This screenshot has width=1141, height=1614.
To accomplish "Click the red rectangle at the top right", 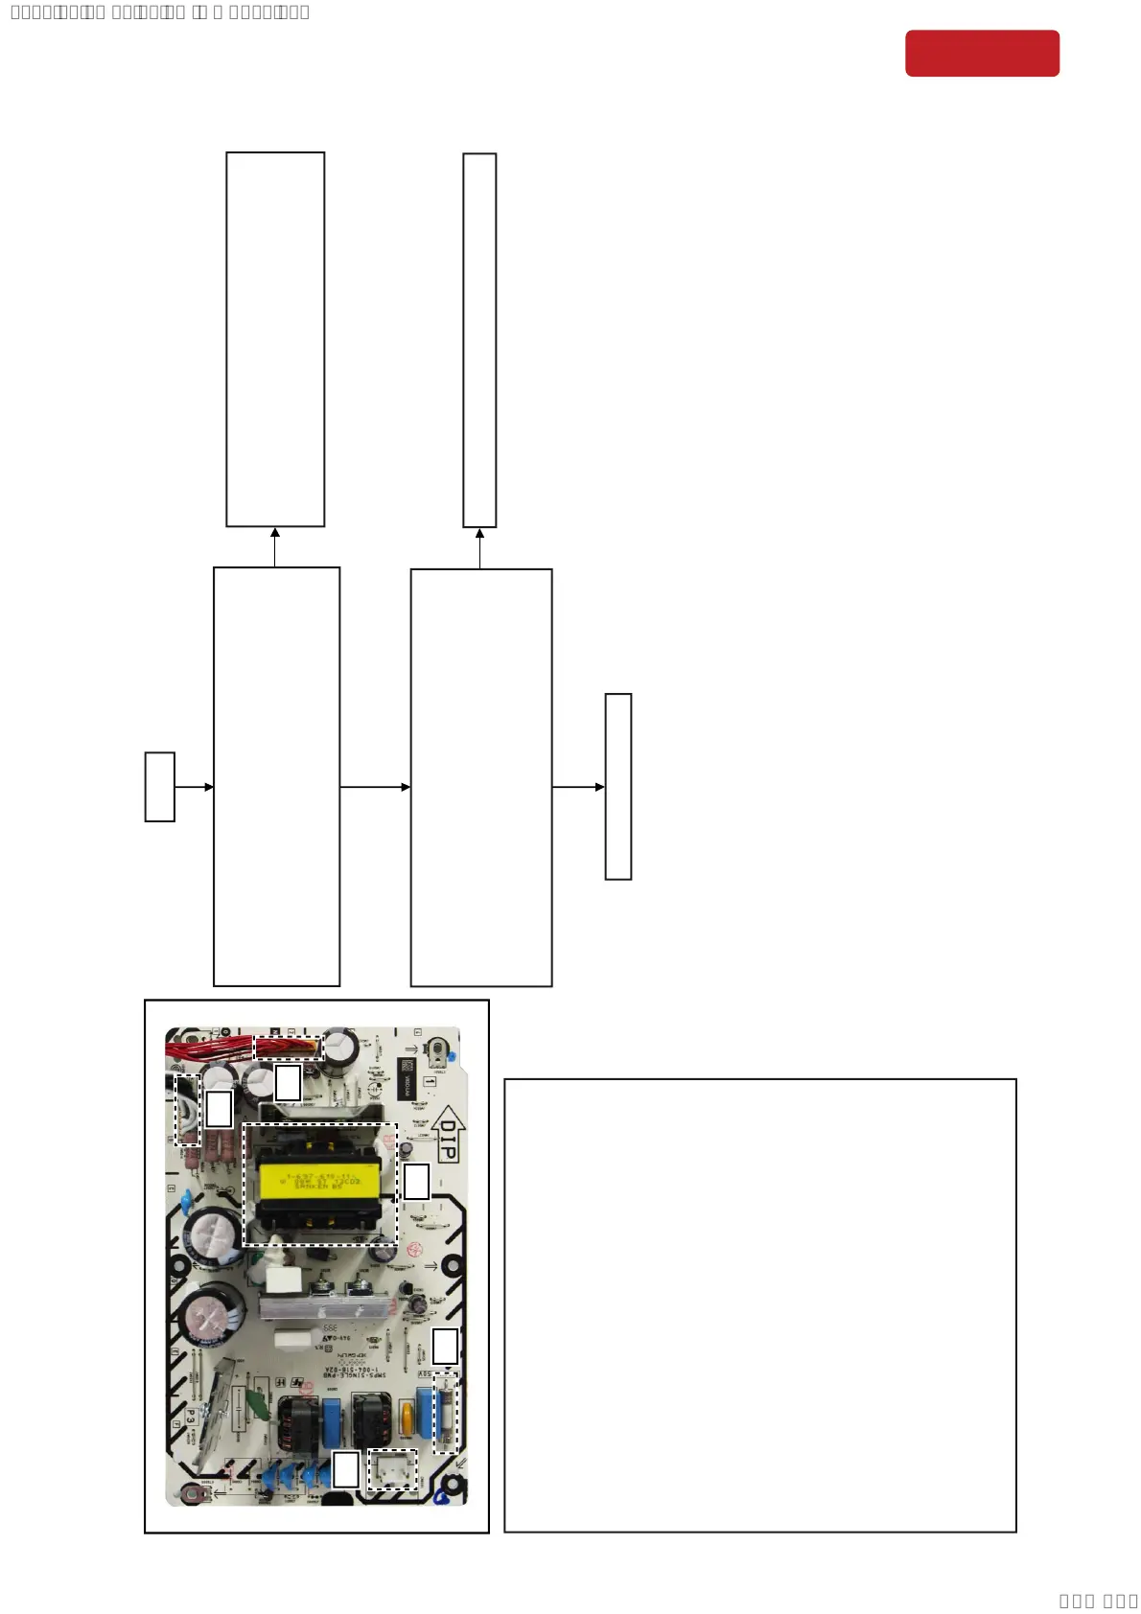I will [982, 53].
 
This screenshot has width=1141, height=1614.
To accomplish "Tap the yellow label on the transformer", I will [319, 1182].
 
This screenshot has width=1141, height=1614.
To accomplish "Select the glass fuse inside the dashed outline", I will [446, 1413].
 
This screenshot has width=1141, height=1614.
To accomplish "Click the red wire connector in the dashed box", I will [288, 1047].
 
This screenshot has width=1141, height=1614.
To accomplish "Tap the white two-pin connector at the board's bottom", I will [393, 1469].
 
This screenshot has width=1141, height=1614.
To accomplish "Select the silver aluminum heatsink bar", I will [326, 1306].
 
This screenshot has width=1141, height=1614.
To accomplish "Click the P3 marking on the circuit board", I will [191, 1417].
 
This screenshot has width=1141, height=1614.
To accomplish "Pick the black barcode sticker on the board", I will [406, 1079].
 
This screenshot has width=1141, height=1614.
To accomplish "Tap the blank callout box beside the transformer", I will [416, 1181].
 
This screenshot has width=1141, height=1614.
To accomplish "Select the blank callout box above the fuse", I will [445, 1346].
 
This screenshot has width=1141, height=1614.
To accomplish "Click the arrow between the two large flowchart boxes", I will [375, 787].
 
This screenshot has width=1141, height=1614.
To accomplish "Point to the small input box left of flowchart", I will [160, 787].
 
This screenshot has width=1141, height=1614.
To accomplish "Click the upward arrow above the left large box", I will [275, 546].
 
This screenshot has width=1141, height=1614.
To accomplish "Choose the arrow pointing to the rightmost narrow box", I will [578, 787].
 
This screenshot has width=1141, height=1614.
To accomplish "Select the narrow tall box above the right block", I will [479, 340].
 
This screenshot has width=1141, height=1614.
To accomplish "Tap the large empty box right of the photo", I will [759, 1304].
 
